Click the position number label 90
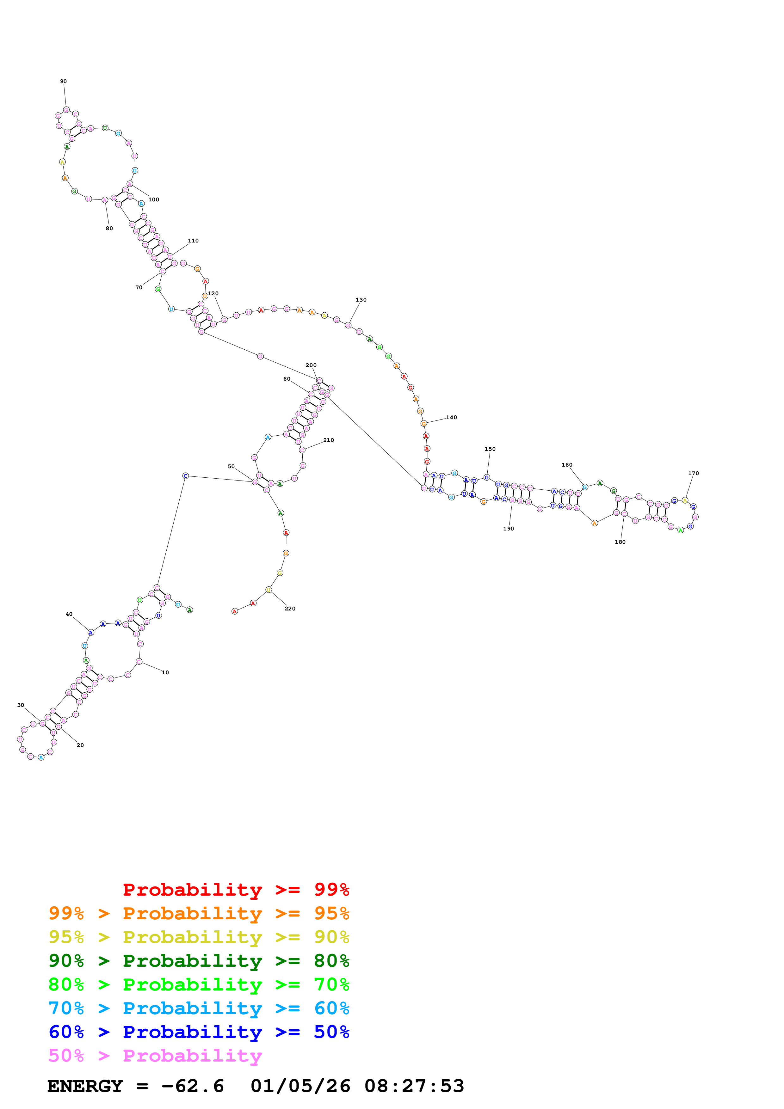point(63,81)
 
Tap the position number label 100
point(154,199)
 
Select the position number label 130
point(361,300)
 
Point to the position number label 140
point(451,417)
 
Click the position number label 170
point(693,473)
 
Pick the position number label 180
point(620,542)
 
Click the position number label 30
point(21,705)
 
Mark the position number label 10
point(165,672)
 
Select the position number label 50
point(231,467)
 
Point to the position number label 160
point(567,465)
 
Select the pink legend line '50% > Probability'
point(155,1056)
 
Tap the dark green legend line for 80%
point(199,961)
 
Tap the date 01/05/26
point(300,1086)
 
